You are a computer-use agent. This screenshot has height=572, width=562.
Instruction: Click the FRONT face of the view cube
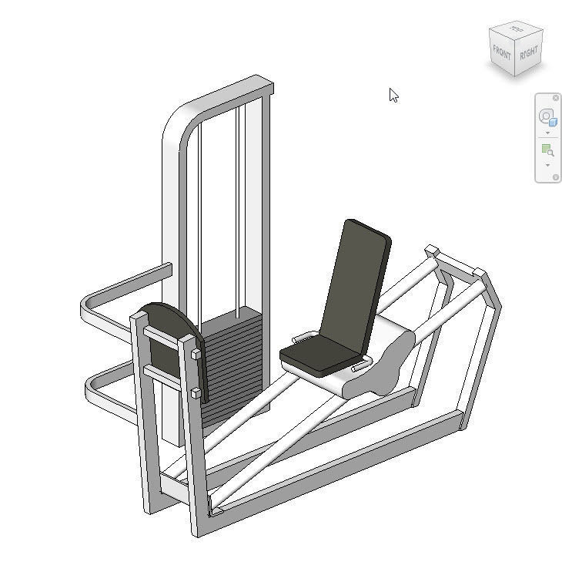coord(502,53)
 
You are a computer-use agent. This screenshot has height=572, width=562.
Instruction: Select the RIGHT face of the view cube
coord(529,54)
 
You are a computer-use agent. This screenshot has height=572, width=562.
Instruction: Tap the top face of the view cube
coord(517,31)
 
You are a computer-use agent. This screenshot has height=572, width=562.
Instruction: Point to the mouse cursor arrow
coord(393,95)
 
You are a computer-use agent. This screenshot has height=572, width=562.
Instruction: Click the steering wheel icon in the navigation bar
coord(547,116)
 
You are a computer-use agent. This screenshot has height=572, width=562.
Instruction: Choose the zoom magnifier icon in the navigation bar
coord(547,150)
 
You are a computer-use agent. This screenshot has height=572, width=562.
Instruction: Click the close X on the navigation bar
coord(556,98)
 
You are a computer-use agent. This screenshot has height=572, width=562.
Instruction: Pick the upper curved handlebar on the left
coord(115,297)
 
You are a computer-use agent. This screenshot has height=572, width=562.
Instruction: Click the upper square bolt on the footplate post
coord(196,355)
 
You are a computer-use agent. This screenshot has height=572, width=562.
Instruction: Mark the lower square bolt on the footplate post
coord(196,393)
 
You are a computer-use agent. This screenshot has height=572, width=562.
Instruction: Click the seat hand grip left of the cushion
coord(303,337)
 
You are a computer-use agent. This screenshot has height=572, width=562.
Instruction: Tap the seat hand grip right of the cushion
coord(360,368)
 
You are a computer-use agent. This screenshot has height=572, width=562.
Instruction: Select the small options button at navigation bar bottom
coord(556,177)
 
